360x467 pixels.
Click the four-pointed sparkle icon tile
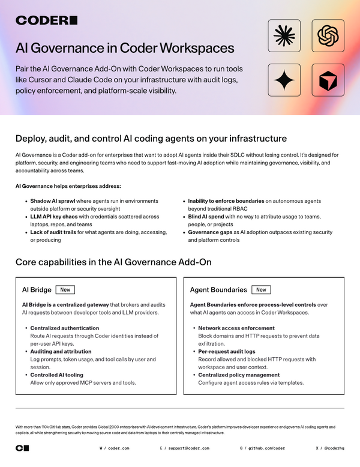click(284, 80)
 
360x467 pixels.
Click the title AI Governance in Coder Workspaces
click(125, 48)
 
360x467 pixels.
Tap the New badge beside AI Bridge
click(65, 289)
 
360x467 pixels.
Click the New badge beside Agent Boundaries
click(261, 289)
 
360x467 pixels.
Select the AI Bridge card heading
click(36, 290)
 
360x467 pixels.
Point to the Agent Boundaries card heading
click(218, 290)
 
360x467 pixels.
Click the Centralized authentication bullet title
click(65, 328)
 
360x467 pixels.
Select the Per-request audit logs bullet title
click(226, 352)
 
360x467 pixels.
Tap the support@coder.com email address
click(189, 448)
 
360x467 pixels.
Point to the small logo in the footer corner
click(22, 448)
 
